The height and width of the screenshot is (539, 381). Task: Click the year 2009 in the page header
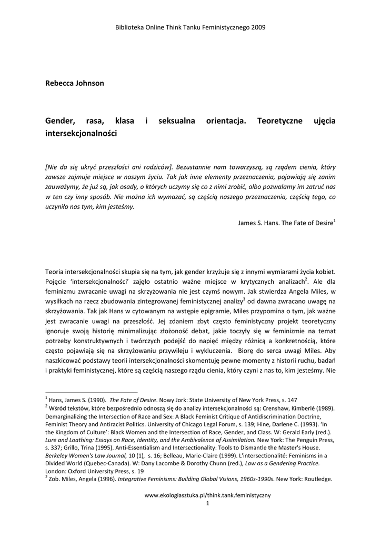[258, 27]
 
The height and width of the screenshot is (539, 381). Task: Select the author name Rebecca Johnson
[75, 83]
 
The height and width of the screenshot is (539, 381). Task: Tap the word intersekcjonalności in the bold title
[81, 134]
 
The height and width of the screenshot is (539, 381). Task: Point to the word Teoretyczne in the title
[287, 121]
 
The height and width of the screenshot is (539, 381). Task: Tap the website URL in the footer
[207, 495]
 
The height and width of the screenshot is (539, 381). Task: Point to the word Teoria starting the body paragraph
[57, 271]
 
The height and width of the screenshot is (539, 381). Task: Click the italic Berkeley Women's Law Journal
[86, 455]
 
